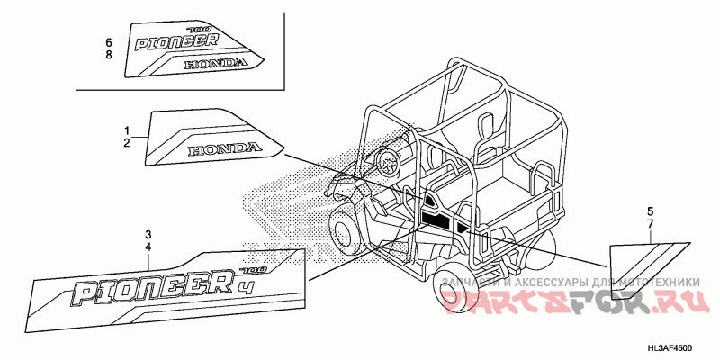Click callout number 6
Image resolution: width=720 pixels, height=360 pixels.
(109, 42)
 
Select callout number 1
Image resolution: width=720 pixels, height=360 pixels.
(127, 130)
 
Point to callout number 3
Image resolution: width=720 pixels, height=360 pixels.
(149, 235)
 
